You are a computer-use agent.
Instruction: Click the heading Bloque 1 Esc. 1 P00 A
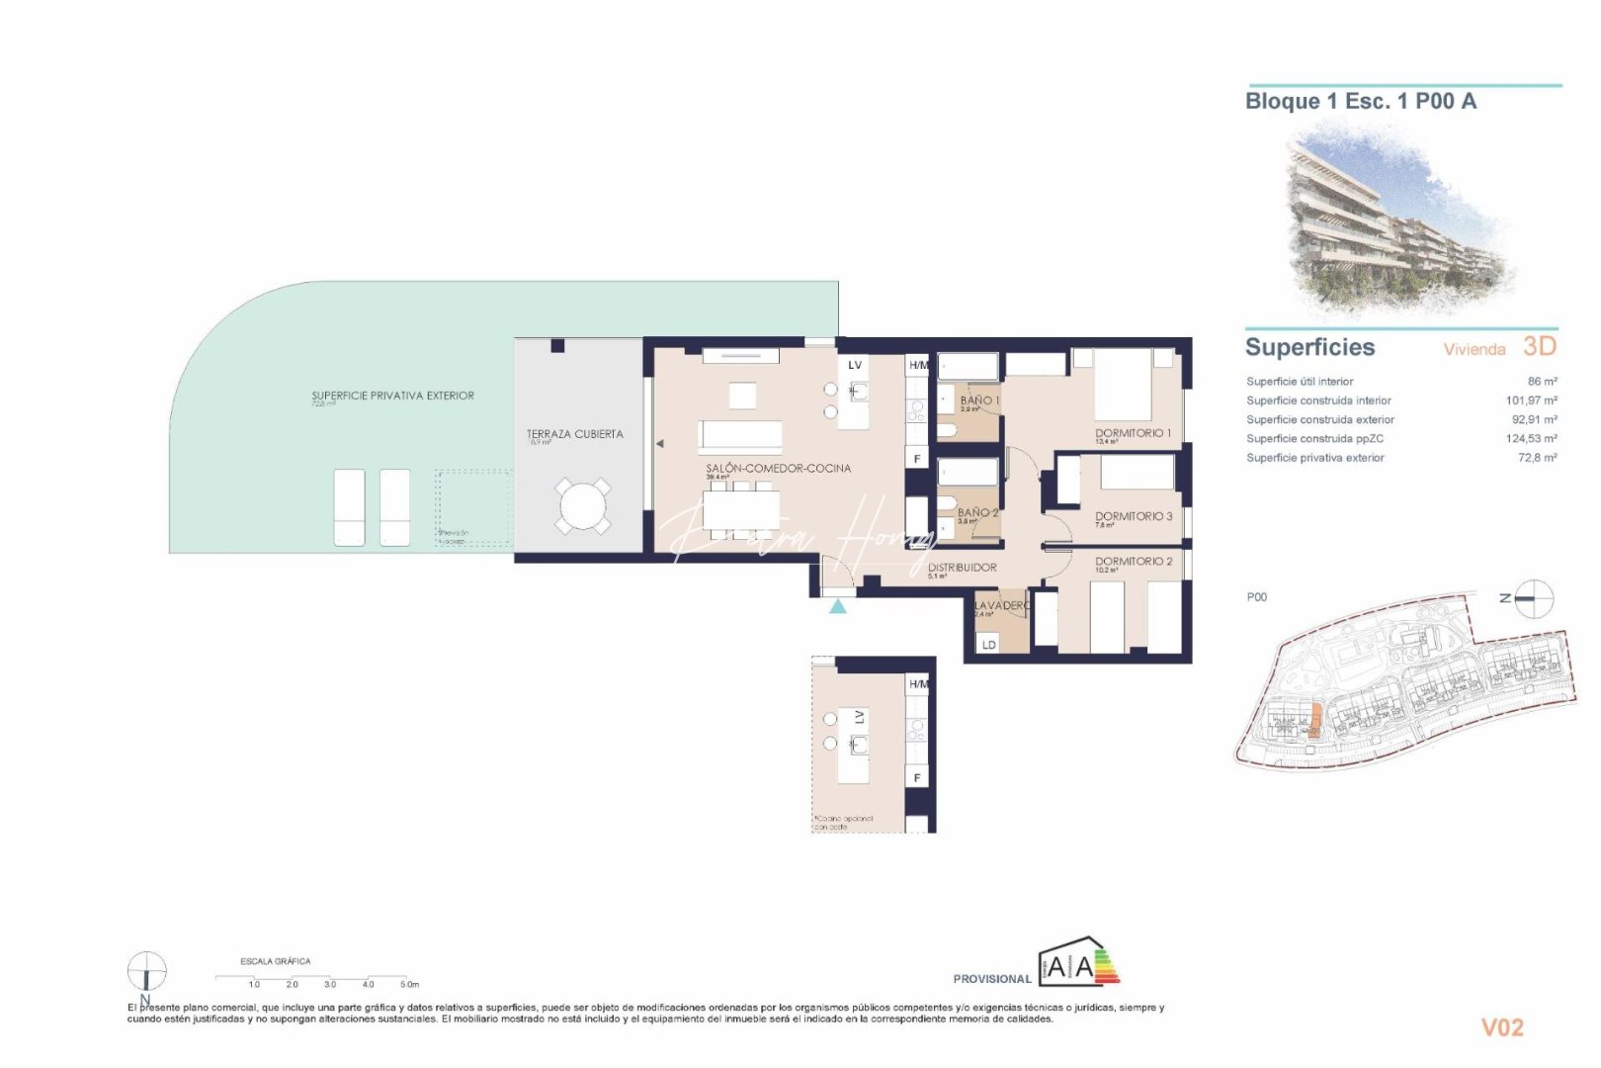point(1360,101)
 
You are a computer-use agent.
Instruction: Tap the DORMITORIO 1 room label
point(1133,433)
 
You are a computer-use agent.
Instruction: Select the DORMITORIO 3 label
point(1134,516)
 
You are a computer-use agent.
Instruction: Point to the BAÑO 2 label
point(977,512)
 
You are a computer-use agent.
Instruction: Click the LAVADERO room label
point(1001,605)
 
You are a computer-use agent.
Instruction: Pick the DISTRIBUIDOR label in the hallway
point(962,568)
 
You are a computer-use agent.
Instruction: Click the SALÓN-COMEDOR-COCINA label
point(778,468)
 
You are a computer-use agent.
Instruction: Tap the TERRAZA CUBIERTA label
point(574,434)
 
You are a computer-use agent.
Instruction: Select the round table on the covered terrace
point(583,505)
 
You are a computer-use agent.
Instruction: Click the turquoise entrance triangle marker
point(838,606)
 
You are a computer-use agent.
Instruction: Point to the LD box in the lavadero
point(988,645)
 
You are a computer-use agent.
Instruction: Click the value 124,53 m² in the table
point(1531,438)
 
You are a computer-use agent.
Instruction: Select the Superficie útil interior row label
point(1300,381)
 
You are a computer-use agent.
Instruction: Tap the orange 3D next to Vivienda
point(1539,346)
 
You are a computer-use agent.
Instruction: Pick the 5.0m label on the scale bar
point(409,984)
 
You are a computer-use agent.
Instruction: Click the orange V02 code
point(1501,1027)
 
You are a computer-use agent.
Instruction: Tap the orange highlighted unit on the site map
point(1314,721)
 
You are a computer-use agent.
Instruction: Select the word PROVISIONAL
point(991,979)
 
